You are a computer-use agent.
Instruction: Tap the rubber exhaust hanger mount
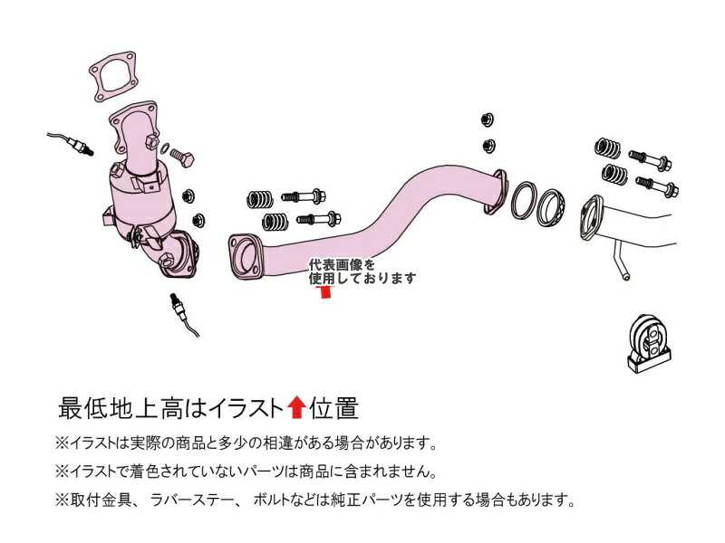click(x=649, y=344)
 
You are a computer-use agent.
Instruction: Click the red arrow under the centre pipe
click(x=325, y=291)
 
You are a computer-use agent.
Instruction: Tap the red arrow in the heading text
click(x=296, y=407)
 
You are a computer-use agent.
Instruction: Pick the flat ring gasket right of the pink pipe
click(x=524, y=200)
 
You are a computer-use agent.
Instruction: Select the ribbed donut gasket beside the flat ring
click(x=551, y=207)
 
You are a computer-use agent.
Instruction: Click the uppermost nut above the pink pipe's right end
click(x=488, y=119)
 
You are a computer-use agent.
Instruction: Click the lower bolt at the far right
click(x=656, y=186)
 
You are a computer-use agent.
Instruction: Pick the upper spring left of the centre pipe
click(x=259, y=199)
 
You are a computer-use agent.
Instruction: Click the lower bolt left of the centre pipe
click(x=319, y=218)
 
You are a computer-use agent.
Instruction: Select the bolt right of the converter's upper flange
click(x=182, y=157)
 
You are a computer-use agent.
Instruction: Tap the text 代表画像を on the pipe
click(x=343, y=265)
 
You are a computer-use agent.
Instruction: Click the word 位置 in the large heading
click(x=333, y=408)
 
